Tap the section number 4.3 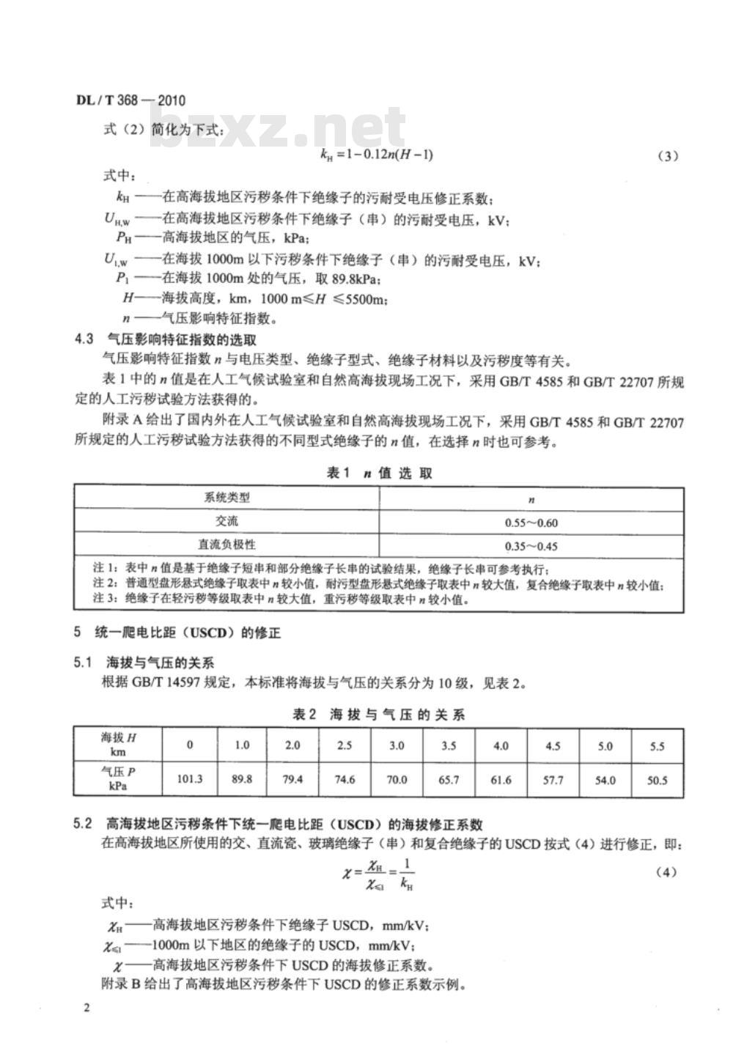coord(84,339)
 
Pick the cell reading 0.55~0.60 coord(531,523)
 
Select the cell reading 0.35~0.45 coord(531,546)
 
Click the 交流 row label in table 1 coord(226,522)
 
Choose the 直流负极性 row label coord(226,545)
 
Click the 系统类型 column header coord(226,498)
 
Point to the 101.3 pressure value coord(189,779)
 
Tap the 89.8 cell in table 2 coord(242,779)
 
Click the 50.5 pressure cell coord(657,780)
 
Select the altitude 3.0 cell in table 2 coord(397,745)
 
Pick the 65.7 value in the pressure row coord(449,780)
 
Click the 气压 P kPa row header coord(117,778)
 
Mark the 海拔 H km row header coord(117,745)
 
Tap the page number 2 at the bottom coord(86,1009)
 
